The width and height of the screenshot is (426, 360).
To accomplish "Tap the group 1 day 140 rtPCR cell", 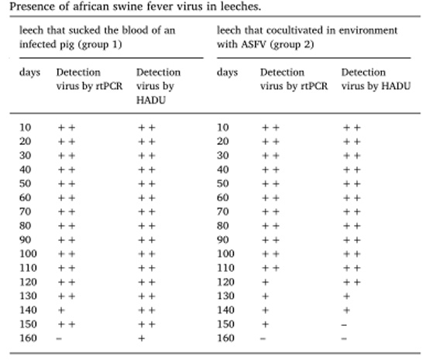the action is click(x=61, y=310).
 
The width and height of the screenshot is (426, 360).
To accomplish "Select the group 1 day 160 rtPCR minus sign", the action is click(x=59, y=338).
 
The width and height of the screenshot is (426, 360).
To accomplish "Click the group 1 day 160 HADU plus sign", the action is click(x=142, y=338).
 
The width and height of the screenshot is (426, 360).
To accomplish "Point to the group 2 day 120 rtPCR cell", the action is click(x=266, y=282).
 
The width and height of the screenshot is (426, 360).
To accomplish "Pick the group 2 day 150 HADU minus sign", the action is click(x=344, y=324).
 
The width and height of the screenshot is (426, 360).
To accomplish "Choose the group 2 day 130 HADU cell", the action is click(x=346, y=297).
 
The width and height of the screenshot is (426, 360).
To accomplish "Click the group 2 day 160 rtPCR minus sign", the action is click(x=263, y=338).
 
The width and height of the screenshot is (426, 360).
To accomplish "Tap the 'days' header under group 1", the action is click(x=30, y=73).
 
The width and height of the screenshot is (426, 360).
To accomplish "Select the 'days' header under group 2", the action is click(x=228, y=73).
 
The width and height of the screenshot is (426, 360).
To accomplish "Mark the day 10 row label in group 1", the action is click(x=26, y=127).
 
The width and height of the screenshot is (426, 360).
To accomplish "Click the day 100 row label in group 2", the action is click(x=225, y=254).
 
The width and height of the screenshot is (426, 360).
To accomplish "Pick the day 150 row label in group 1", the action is click(x=28, y=324).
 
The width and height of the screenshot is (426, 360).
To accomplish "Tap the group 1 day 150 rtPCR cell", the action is click(x=67, y=324).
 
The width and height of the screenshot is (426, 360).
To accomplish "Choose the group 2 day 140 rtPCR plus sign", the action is click(x=266, y=310).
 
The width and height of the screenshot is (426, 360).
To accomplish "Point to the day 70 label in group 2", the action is click(x=223, y=211).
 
